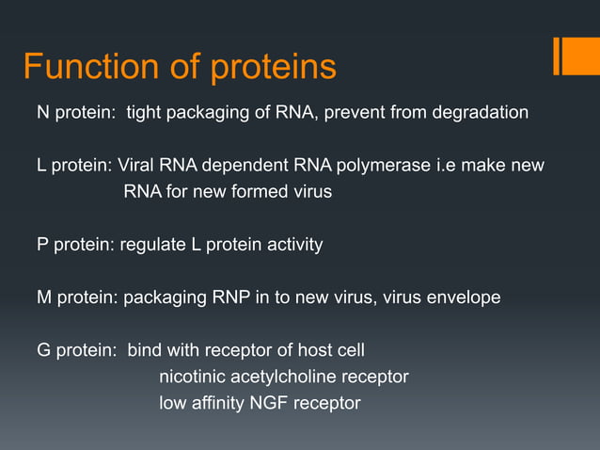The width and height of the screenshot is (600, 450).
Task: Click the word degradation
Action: click(480, 113)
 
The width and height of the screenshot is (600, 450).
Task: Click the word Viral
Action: click(137, 166)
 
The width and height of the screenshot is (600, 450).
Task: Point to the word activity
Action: click(291, 245)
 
